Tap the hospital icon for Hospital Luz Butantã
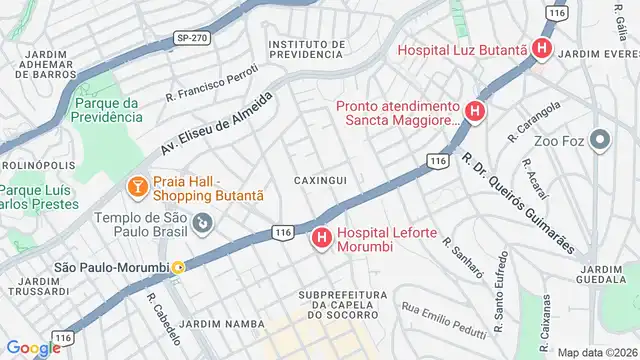click(541, 48)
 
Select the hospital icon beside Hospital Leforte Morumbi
click(322, 238)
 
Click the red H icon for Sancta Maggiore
click(475, 112)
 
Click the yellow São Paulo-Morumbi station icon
click(178, 267)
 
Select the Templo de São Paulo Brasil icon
click(203, 221)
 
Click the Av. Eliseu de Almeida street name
click(217, 124)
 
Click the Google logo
click(33, 347)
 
